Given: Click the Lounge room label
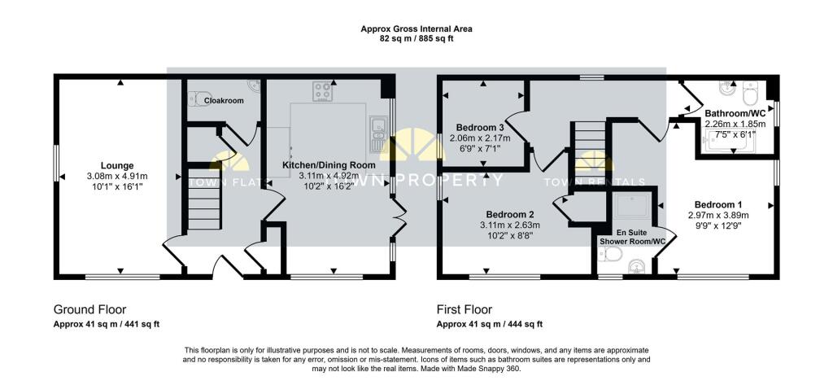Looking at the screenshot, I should tap(116, 164).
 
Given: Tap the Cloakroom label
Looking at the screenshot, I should tap(224, 100).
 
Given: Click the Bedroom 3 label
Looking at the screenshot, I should tap(480, 127).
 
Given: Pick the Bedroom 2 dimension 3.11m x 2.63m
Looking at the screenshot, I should tap(510, 225).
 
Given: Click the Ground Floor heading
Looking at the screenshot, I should tap(90, 309).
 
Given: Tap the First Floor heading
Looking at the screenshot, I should tap(464, 309).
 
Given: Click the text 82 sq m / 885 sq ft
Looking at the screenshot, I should tap(416, 38).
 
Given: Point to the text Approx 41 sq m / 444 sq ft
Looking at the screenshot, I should tap(490, 324).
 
